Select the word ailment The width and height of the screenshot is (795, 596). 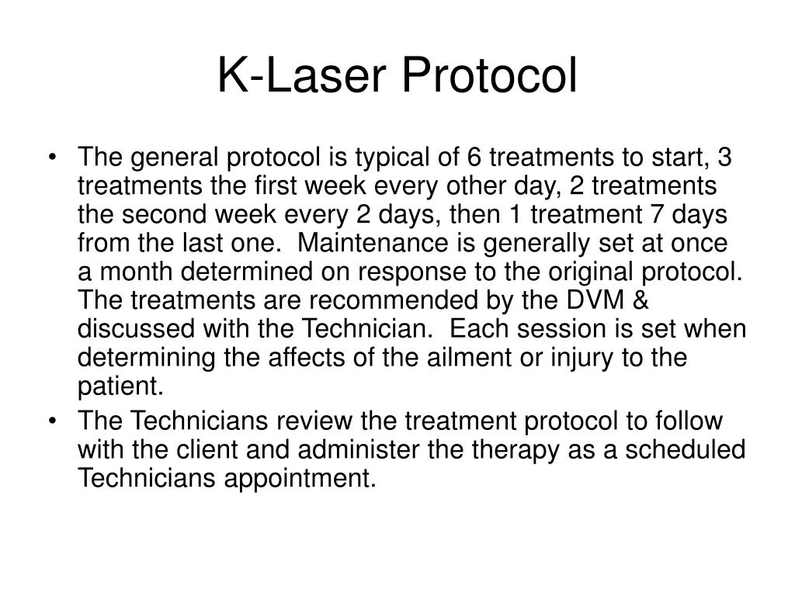[x=477, y=358]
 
